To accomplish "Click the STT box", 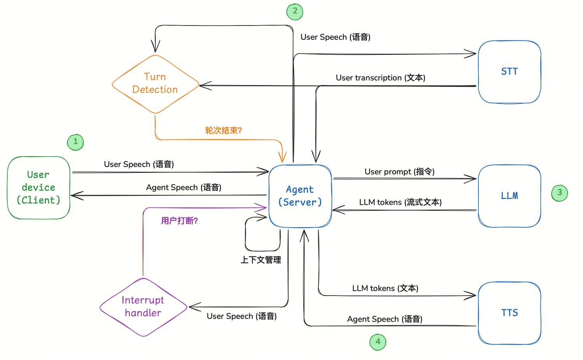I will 509,72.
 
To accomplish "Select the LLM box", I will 509,196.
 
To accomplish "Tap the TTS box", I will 509,313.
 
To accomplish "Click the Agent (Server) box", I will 300,196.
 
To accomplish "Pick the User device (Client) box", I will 38,188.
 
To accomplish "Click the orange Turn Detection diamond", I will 155,83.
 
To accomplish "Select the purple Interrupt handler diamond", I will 143,307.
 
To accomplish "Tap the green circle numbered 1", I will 75,142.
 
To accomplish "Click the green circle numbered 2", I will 295,11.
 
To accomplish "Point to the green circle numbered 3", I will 559,193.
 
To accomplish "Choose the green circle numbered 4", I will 378,342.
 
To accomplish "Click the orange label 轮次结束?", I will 223,130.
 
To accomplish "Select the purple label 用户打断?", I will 179,221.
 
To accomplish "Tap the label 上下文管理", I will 260,260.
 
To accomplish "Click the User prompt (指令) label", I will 399,172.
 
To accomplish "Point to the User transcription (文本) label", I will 381,78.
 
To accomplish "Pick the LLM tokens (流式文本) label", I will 400,202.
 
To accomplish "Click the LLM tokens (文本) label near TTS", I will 385,289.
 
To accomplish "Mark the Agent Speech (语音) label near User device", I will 183,188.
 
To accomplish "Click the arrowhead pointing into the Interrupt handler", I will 192,307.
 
